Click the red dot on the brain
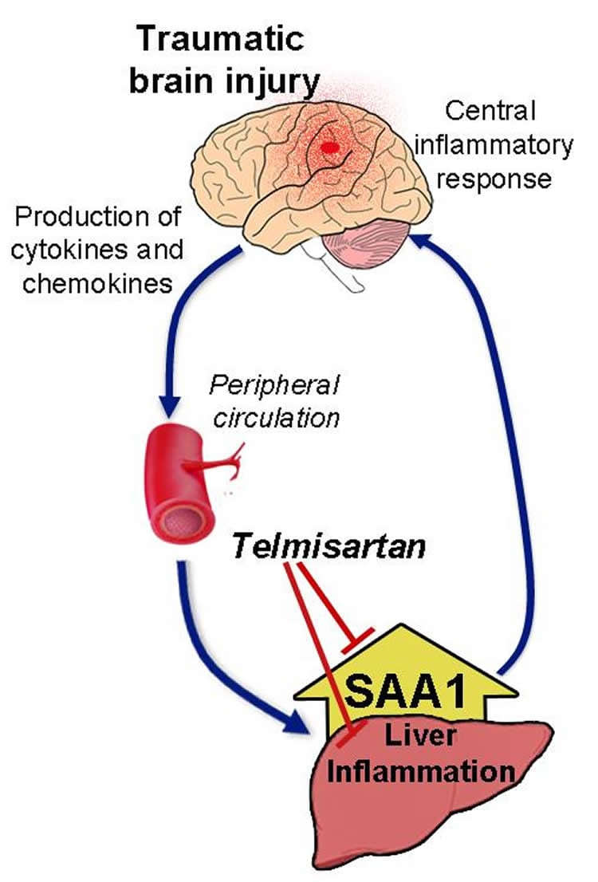[328, 148]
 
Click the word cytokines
[75, 250]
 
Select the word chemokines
[98, 283]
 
